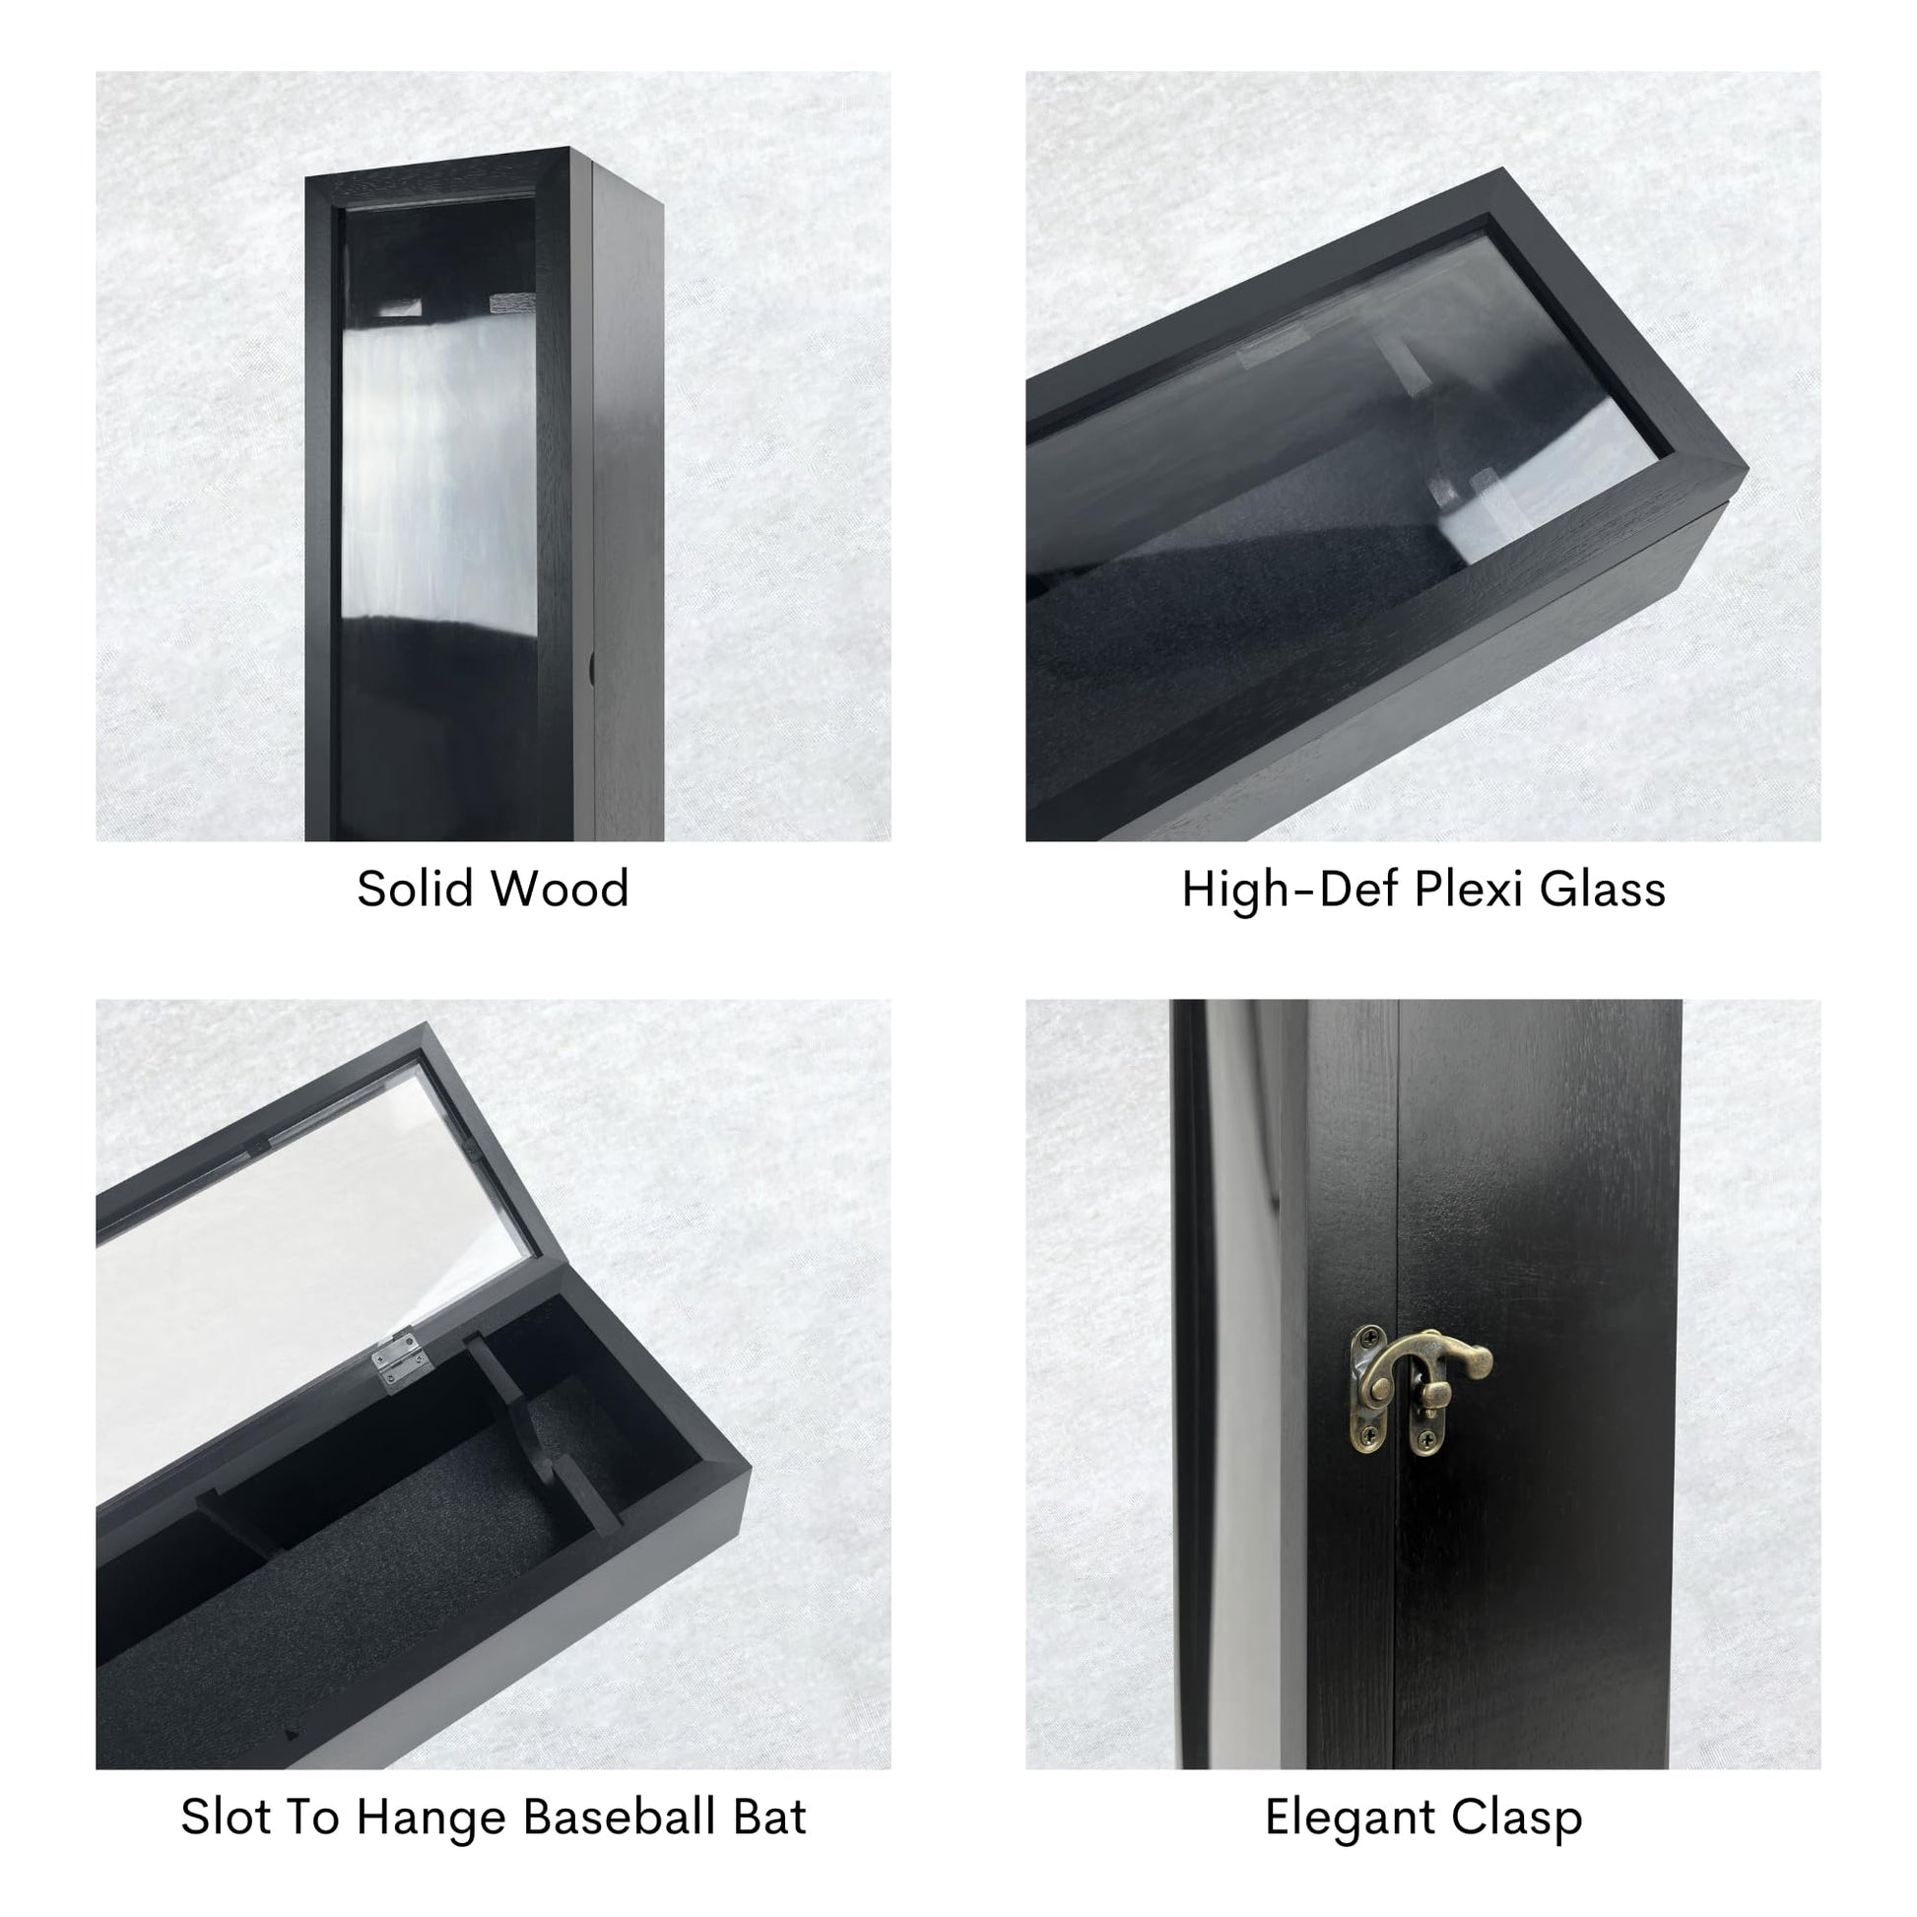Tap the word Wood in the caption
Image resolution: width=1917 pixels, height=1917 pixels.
[562, 888]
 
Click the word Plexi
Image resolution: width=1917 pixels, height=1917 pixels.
[1469, 889]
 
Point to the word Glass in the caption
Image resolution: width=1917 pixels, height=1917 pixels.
[1603, 889]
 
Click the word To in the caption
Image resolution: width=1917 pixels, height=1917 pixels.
[312, 1818]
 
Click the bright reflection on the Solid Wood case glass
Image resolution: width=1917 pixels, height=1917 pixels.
[438, 466]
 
